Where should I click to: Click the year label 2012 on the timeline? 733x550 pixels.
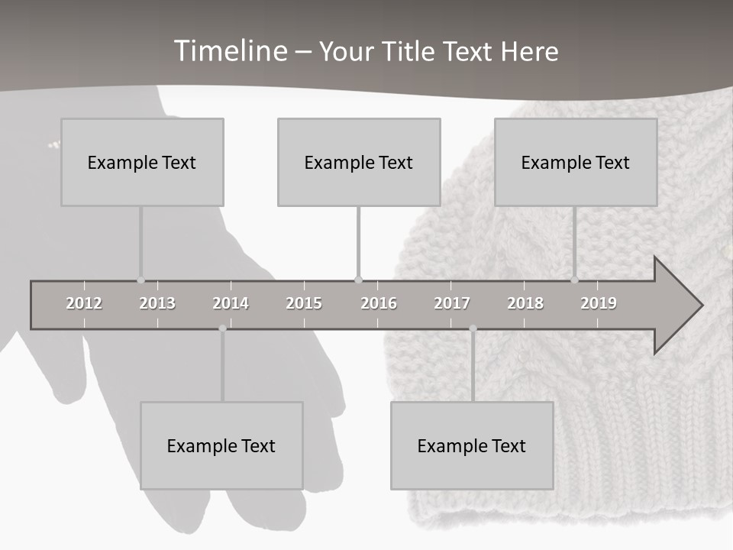pos(84,303)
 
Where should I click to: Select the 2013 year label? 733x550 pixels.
pos(157,303)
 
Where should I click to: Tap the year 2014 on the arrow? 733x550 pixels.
pos(231,303)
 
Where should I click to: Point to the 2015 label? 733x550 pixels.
pos(304,303)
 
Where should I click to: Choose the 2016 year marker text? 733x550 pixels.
pos(379,303)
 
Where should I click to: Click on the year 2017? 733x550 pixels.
pos(452,303)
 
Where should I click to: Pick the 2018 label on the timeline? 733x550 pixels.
pos(525,303)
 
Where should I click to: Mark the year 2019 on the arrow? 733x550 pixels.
pos(599,303)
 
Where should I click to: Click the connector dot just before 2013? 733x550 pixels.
pos(140,280)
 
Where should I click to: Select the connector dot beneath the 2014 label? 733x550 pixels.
pos(222,328)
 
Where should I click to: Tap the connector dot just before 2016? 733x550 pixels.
pos(358,280)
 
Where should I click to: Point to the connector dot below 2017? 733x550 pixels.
pos(473,328)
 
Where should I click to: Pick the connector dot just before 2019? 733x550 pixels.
pos(574,280)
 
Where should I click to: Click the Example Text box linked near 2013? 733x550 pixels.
pos(142,162)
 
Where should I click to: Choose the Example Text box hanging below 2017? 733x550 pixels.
pos(472,445)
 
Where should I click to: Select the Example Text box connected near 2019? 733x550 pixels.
pos(576,162)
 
